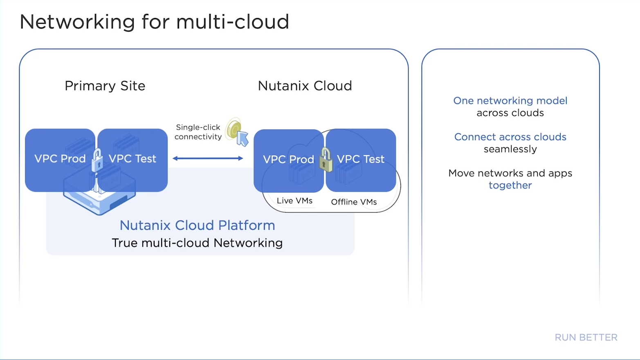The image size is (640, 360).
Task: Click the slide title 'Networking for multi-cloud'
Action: pyautogui.click(x=154, y=22)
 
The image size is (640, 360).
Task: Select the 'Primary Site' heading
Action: pyautogui.click(x=105, y=86)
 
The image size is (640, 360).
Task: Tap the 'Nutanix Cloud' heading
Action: pyautogui.click(x=305, y=86)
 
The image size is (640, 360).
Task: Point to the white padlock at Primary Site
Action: pyautogui.click(x=97, y=161)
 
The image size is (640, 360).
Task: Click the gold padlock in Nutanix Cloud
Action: pyautogui.click(x=326, y=160)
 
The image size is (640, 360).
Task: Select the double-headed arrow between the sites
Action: pyautogui.click(x=208, y=158)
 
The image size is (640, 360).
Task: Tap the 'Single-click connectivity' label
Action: pyautogui.click(x=198, y=132)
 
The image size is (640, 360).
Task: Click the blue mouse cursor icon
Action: pyautogui.click(x=243, y=138)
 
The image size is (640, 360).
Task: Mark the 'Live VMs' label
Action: pyautogui.click(x=294, y=201)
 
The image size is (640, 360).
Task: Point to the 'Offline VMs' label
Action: pyautogui.click(x=354, y=202)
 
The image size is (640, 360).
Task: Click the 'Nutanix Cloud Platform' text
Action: pyautogui.click(x=197, y=225)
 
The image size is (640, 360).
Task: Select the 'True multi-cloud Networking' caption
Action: pyautogui.click(x=197, y=243)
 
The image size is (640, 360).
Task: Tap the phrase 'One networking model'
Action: pyautogui.click(x=510, y=101)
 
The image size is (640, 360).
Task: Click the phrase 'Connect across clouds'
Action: pyautogui.click(x=510, y=137)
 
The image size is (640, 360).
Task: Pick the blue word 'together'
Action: pyautogui.click(x=510, y=185)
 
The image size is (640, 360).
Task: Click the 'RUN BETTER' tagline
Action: pyautogui.click(x=586, y=337)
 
